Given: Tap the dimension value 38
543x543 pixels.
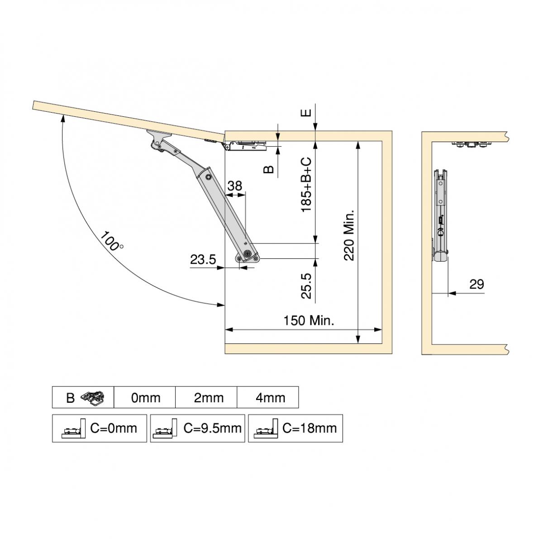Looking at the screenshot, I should click(234, 186).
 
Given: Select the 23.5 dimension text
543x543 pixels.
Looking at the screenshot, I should click(203, 260).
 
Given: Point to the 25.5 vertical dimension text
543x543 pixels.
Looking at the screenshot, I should click(306, 286).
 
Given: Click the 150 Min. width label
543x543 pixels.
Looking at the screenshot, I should click(309, 321).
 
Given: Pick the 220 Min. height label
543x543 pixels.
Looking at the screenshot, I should click(349, 235).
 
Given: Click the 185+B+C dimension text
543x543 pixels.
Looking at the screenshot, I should click(306, 185).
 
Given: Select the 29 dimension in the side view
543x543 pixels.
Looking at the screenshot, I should click(476, 285).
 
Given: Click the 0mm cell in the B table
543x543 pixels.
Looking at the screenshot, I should click(146, 398).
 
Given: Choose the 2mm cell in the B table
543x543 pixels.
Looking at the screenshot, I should click(208, 398).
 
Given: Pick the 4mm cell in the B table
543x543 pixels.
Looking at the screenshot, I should click(270, 398).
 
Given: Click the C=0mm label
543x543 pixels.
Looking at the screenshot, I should click(113, 428).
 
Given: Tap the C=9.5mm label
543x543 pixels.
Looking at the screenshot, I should click(212, 428).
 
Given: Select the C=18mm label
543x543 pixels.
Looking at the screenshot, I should click(310, 428).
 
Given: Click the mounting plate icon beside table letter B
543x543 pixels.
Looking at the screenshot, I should click(93, 397).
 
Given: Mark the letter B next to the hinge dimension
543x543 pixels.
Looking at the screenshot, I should click(269, 169).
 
